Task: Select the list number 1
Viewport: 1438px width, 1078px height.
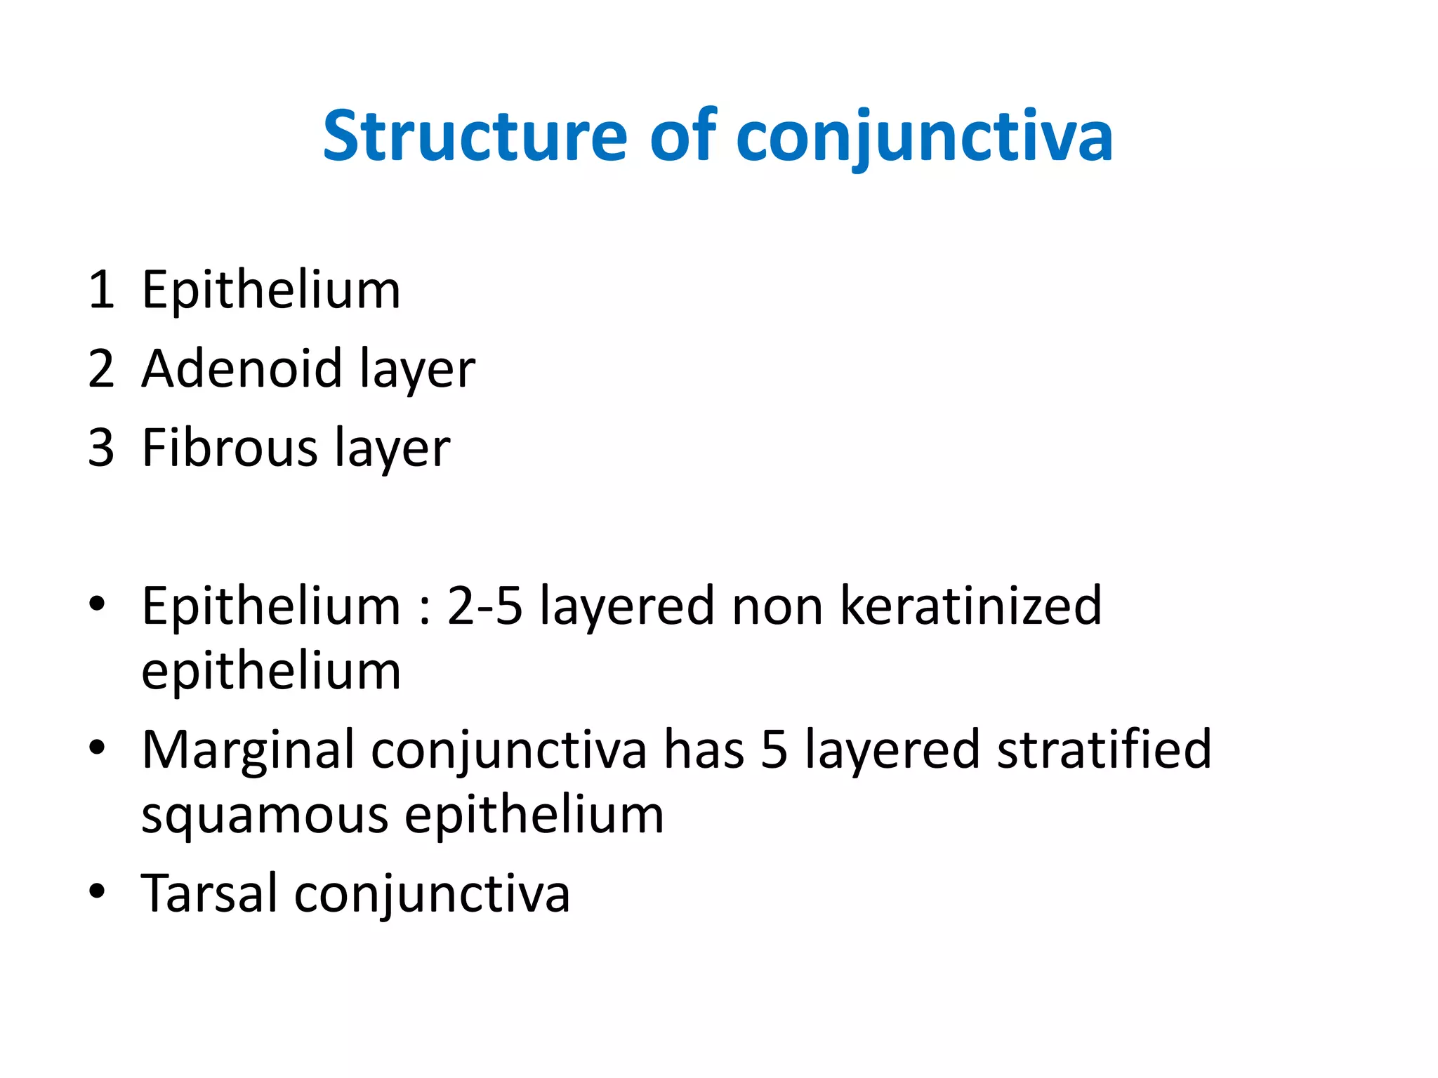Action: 101,290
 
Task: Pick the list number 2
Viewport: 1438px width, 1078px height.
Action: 101,369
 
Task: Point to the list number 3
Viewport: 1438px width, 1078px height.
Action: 101,448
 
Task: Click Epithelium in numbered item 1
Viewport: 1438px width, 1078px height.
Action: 271,290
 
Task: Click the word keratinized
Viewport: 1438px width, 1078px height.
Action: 970,606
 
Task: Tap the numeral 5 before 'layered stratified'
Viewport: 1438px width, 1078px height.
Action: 774,750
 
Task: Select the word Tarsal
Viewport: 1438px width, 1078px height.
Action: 209,893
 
